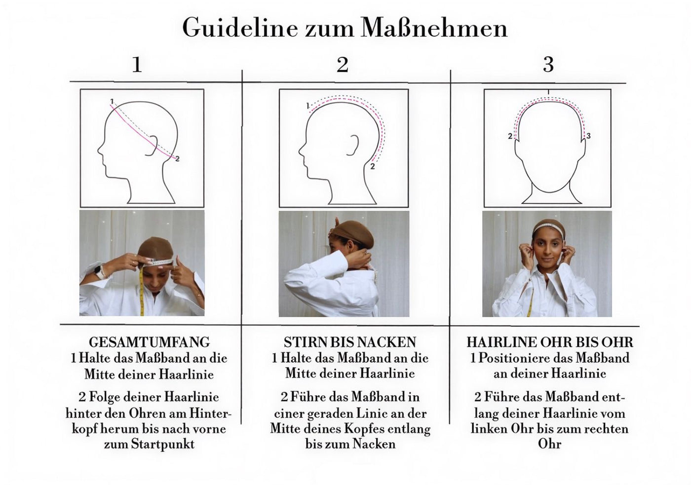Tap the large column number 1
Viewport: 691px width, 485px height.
pos(137,65)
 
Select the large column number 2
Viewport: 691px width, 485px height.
pos(343,65)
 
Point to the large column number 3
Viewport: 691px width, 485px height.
pos(548,65)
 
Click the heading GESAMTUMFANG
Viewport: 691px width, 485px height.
pos(149,342)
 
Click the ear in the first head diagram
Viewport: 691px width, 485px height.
pos(153,145)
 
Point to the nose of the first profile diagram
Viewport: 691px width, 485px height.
pos(100,151)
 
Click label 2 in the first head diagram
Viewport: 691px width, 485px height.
pos(177,159)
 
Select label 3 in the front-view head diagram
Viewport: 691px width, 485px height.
pos(588,136)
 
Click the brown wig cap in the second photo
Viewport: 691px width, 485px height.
pos(354,235)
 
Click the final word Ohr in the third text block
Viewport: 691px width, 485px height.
pos(549,444)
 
